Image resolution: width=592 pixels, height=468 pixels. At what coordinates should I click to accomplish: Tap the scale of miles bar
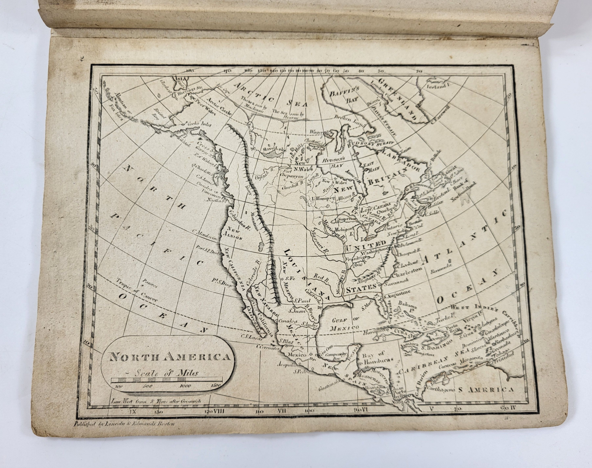(166, 380)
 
